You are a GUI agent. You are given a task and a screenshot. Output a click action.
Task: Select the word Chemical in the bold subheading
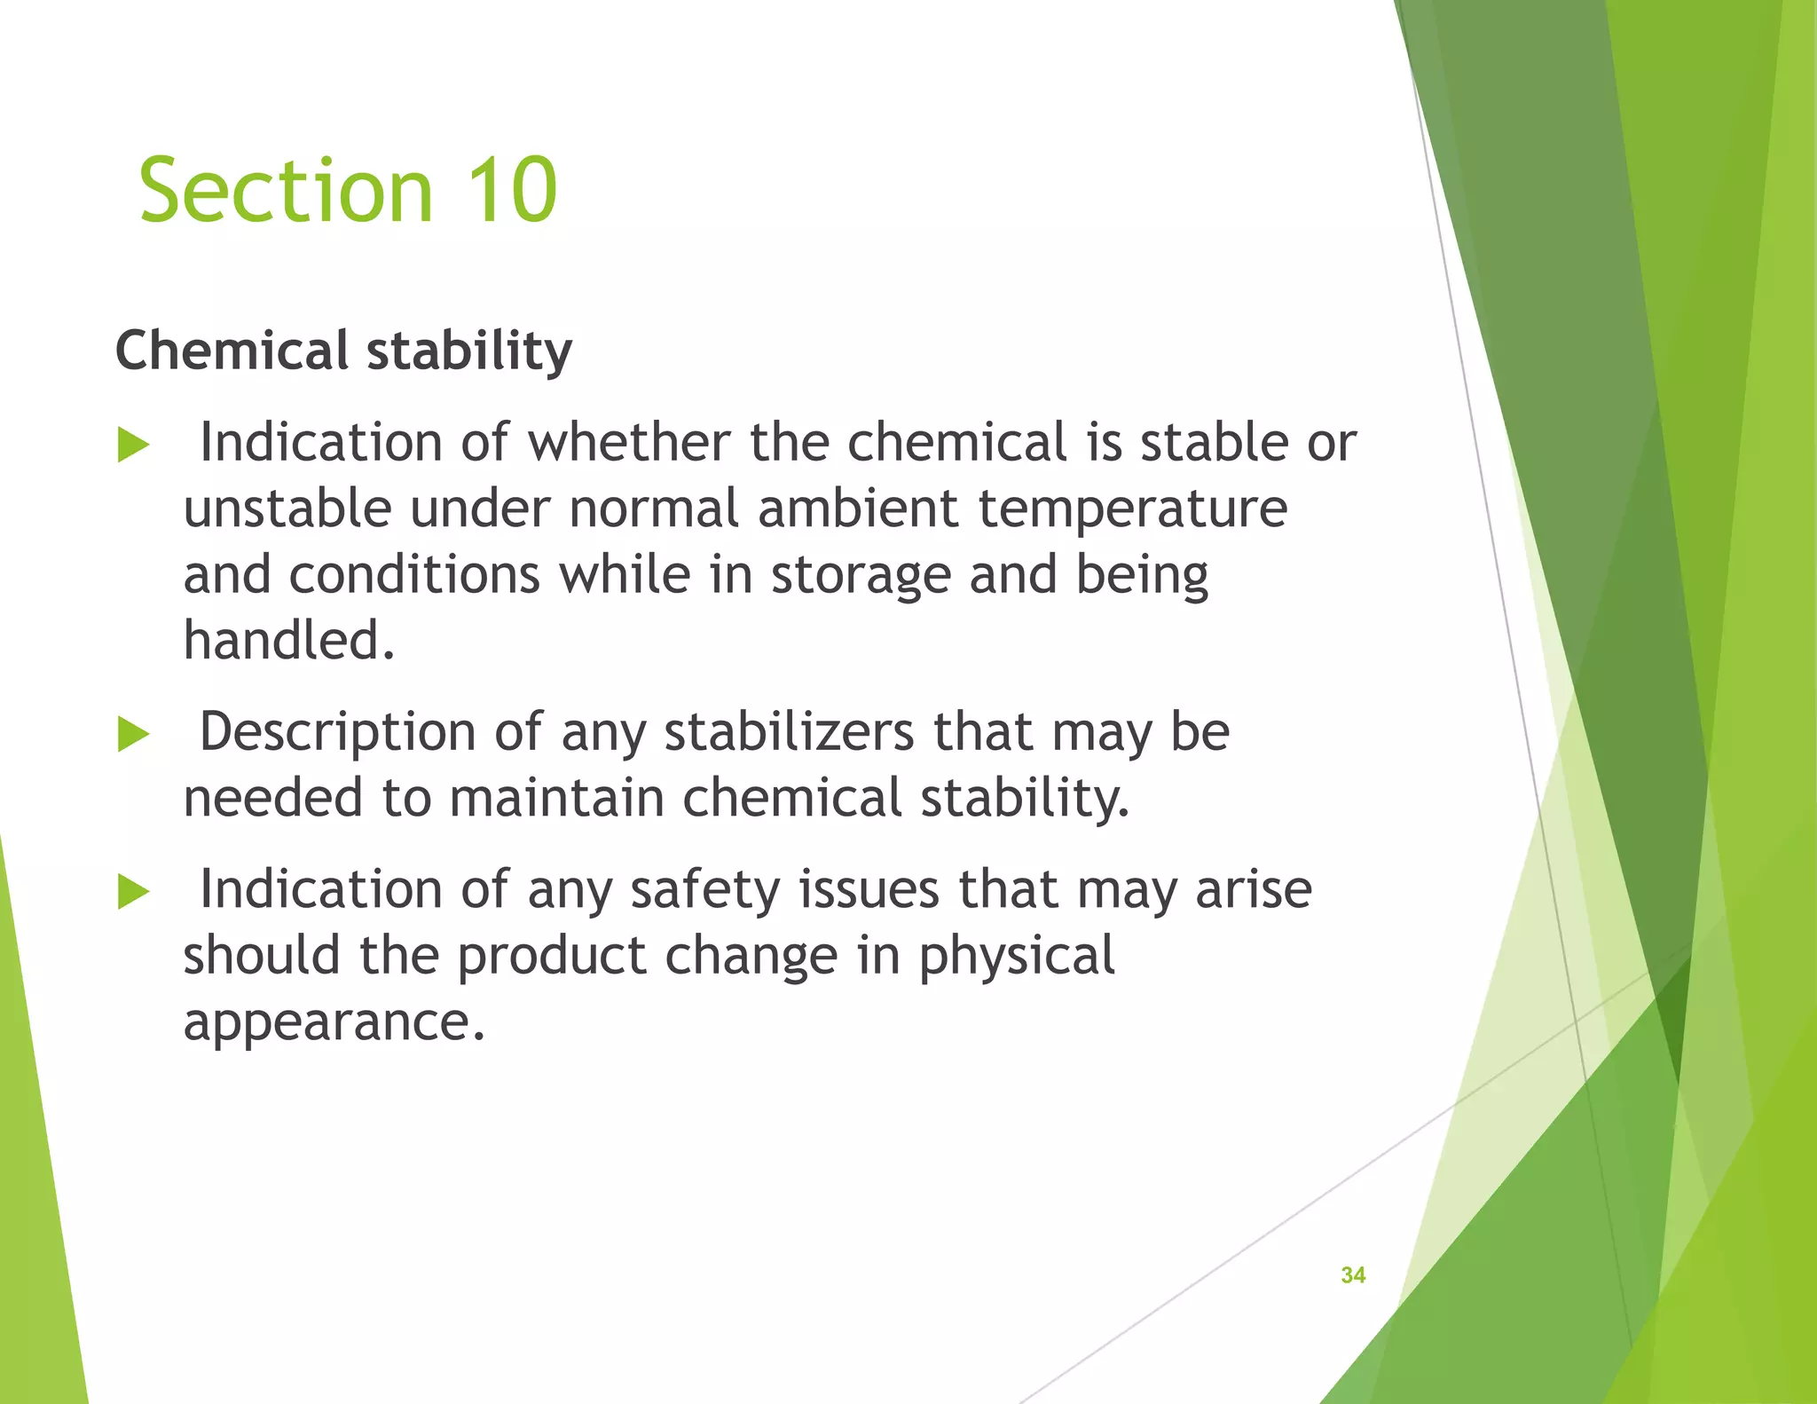(232, 351)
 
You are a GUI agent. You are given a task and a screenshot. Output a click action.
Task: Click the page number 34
(1353, 1275)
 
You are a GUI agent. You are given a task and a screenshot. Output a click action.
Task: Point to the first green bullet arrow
(133, 446)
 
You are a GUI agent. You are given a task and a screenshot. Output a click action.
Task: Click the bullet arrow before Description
(133, 735)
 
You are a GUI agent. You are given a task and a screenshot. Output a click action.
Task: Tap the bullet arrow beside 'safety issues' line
(133, 892)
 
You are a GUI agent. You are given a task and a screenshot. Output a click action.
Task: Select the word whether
(629, 442)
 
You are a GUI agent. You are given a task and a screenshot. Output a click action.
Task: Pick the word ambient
(858, 509)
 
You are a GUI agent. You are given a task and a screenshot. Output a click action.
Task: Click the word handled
(288, 640)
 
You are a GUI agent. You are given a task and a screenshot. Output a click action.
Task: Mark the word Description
(338, 733)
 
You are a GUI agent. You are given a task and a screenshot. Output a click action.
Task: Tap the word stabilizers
(789, 732)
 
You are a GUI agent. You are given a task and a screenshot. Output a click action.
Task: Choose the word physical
(1017, 957)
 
